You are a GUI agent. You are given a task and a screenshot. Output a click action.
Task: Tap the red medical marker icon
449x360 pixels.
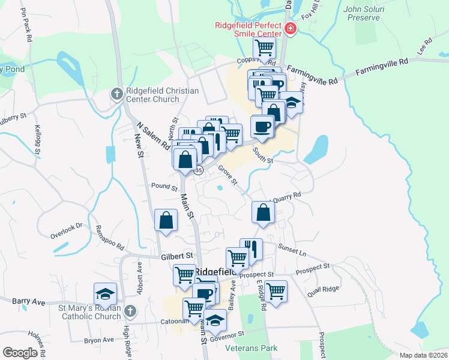[x=291, y=28]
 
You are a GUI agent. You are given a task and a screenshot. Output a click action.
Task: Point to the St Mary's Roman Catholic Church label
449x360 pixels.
[x=89, y=313]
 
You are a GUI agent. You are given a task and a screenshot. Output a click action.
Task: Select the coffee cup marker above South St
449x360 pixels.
[x=262, y=126]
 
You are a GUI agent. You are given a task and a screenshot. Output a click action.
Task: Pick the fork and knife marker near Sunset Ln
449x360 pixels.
[x=252, y=248]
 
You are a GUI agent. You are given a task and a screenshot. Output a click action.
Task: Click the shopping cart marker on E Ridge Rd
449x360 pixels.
[x=276, y=291]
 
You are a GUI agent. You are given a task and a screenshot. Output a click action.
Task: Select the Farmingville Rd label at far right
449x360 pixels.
[x=382, y=67]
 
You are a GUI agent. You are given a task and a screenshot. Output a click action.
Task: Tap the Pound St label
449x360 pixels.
[x=162, y=187]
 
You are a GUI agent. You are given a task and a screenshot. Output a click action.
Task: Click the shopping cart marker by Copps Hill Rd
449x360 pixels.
[x=264, y=48]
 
